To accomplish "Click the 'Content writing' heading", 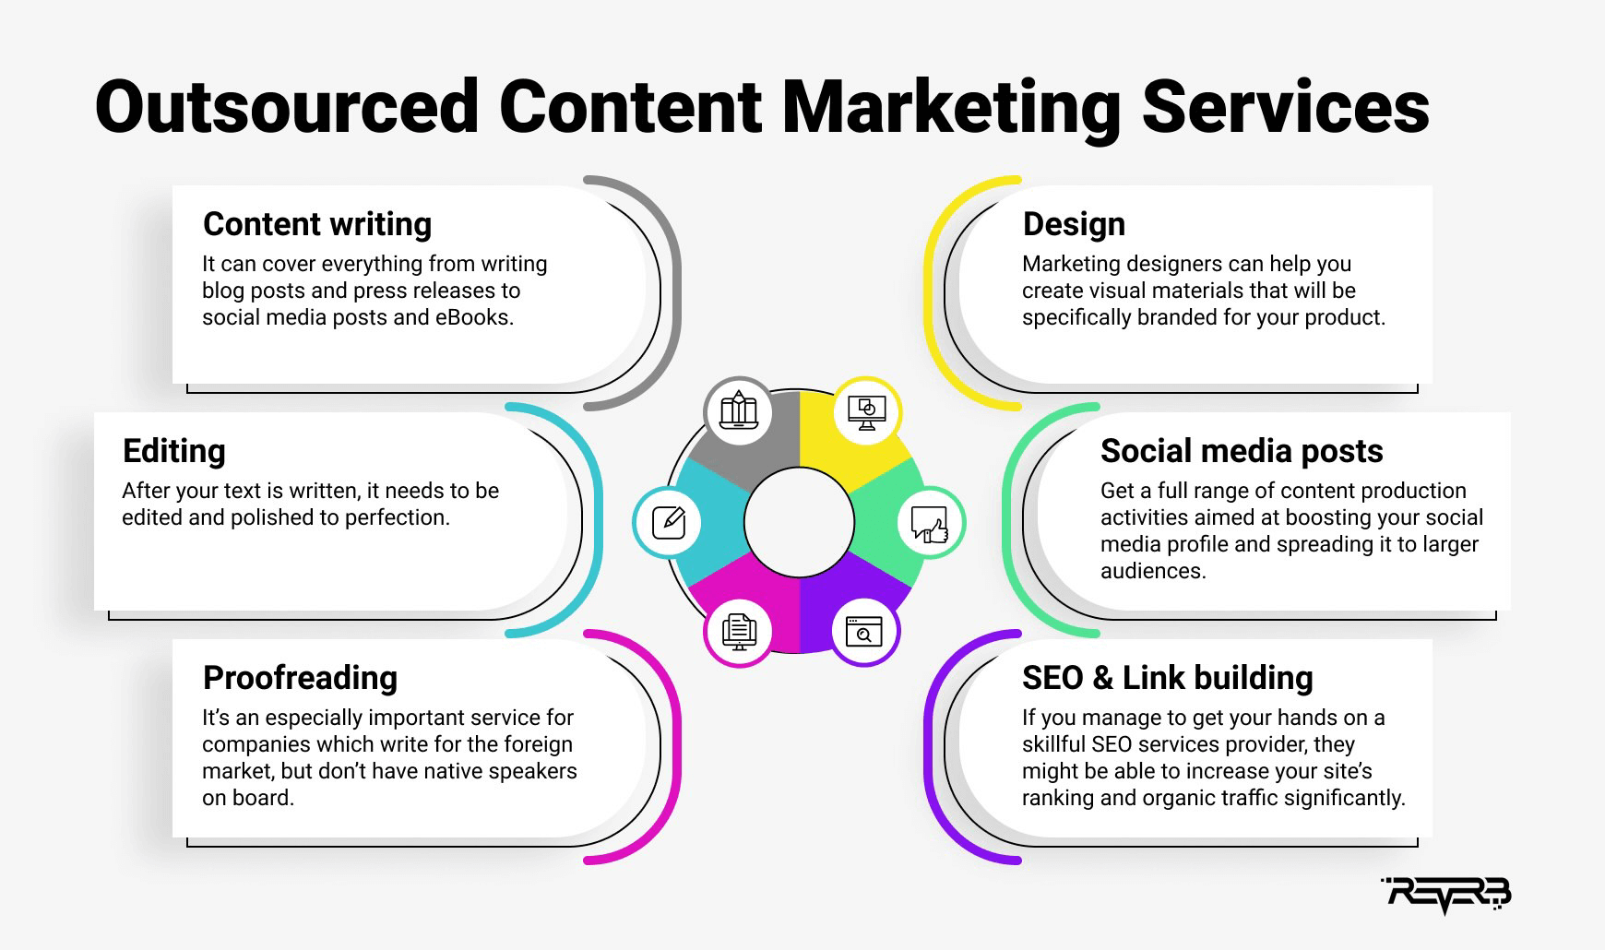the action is [317, 224].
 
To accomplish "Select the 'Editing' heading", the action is [173, 451].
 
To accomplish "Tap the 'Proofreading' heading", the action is [300, 678].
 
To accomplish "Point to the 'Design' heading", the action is [1074, 224].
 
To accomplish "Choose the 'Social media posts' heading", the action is [1242, 451].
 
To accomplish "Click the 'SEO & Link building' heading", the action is [1167, 678].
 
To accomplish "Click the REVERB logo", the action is [1445, 895].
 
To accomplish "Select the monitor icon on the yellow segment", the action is [865, 411].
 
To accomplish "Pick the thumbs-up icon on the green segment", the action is [931, 522].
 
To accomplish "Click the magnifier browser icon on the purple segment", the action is [864, 632].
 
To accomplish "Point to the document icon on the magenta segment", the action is [738, 632].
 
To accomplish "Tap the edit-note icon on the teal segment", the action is [668, 522].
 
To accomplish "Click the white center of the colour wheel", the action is [799, 522].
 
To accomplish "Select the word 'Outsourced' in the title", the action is [287, 107].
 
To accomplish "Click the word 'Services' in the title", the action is [1286, 107].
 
